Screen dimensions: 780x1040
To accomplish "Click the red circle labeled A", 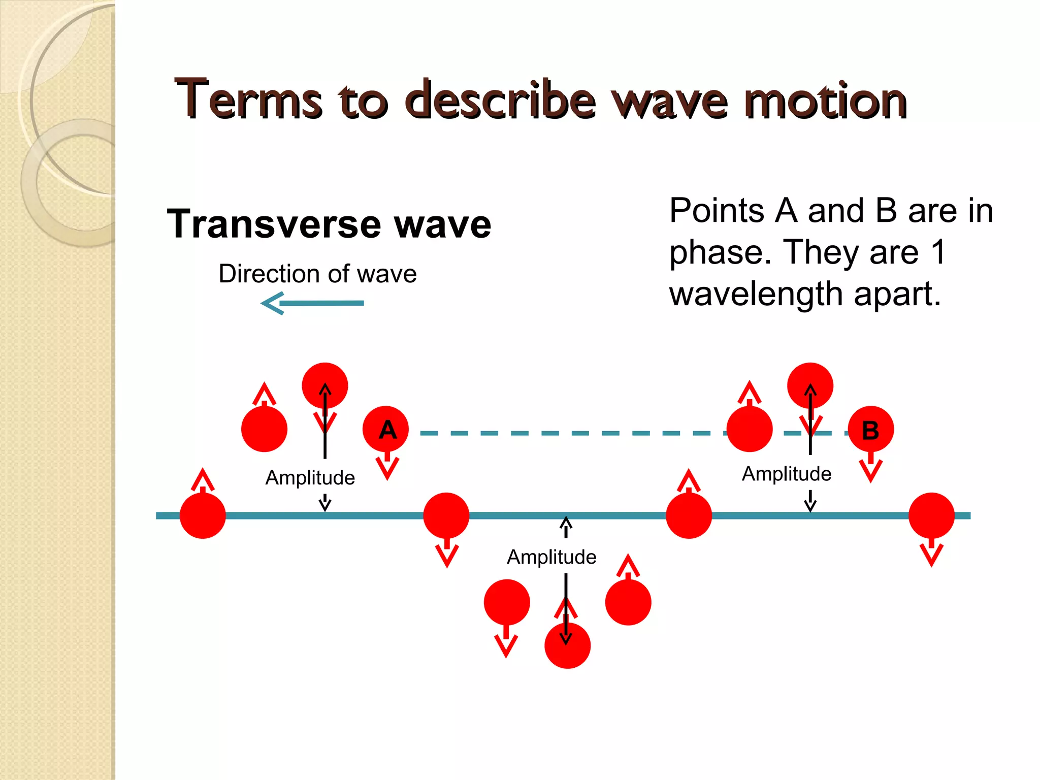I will click(x=385, y=429).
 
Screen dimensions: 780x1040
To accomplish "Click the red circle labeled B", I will click(x=870, y=430).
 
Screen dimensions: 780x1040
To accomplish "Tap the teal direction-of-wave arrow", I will click(x=312, y=303).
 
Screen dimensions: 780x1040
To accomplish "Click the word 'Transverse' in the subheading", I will click(x=274, y=224).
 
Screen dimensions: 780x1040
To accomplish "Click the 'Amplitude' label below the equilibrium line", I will click(x=551, y=557).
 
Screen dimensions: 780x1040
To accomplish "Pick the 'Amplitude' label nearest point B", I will click(x=787, y=474).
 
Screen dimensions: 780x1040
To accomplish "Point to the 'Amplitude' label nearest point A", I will click(x=310, y=478).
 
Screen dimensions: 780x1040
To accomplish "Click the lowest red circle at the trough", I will click(x=567, y=646).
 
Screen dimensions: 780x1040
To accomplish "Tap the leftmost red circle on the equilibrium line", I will click(x=203, y=515).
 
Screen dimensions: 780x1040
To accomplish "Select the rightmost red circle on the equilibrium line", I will click(x=931, y=515).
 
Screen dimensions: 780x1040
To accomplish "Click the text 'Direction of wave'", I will click(x=317, y=274).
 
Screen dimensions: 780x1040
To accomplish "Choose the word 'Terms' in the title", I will click(x=248, y=101).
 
